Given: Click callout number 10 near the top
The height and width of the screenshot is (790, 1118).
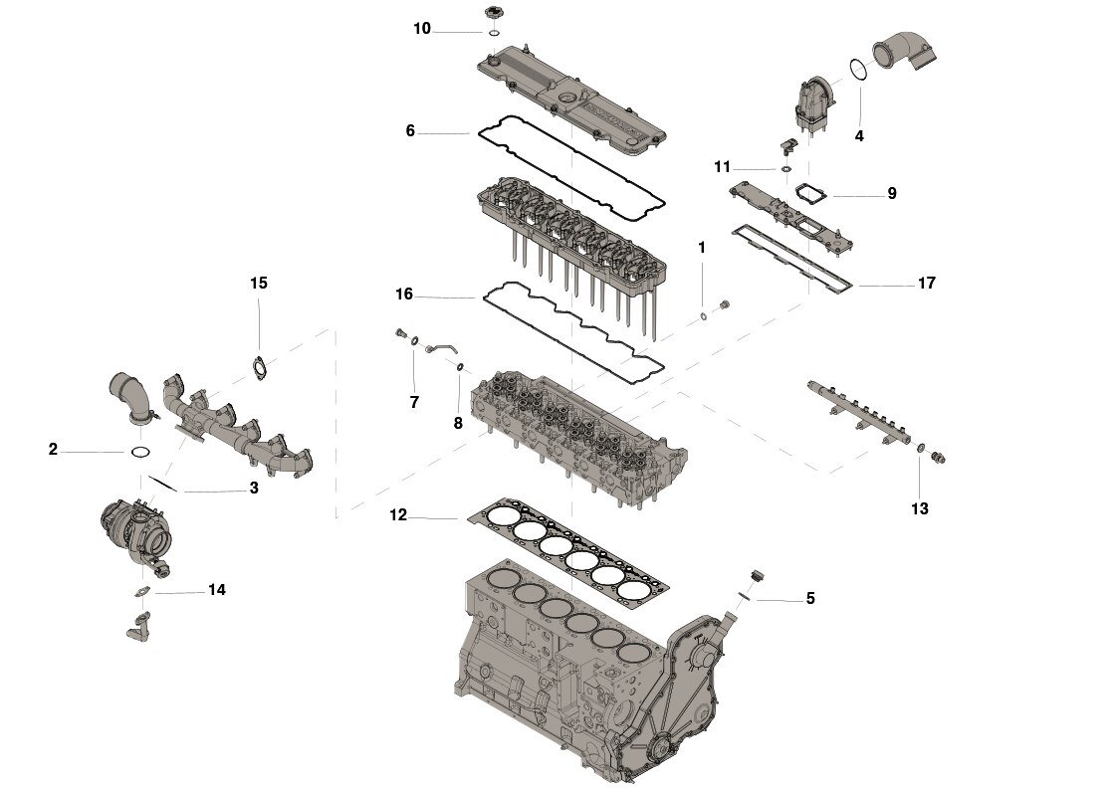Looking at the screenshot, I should point(422,29).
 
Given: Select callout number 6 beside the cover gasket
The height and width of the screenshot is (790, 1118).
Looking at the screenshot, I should point(410,130).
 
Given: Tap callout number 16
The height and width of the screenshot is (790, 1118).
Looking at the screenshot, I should point(403,295).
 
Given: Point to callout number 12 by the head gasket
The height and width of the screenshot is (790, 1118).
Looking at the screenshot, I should point(399,515).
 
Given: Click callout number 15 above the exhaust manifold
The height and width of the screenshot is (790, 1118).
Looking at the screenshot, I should point(259,284).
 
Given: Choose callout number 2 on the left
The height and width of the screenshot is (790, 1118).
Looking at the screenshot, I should point(53,450).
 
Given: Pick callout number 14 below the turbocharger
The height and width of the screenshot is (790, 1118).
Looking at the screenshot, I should point(217,590).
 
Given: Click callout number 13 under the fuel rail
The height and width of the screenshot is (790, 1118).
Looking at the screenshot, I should point(919,508).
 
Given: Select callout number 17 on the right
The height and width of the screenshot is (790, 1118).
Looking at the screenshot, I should point(926,284).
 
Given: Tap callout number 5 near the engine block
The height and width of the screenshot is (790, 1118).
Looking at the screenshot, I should point(810,598).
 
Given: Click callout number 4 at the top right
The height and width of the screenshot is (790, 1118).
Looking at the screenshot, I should point(859,135).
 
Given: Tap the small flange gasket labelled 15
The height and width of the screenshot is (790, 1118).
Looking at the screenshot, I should point(260,366).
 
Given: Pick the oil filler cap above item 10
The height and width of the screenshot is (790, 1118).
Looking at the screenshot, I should point(493,12).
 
